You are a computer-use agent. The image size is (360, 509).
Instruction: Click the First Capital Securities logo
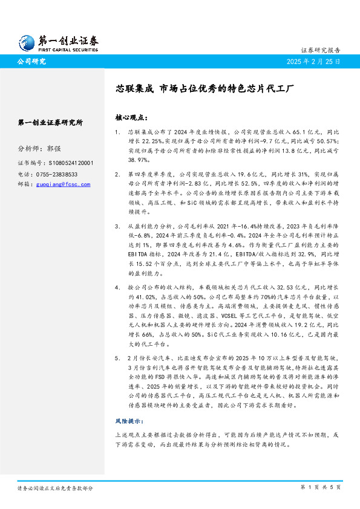click(57, 42)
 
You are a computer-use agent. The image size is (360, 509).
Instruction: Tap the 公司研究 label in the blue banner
click(31, 62)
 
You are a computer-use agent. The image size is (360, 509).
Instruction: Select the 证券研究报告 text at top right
click(320, 50)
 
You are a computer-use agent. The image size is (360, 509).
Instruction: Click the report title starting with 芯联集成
click(205, 88)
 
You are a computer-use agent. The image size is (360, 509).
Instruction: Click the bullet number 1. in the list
click(117, 131)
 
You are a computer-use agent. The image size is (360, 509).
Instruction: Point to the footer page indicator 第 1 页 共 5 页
click(320, 487)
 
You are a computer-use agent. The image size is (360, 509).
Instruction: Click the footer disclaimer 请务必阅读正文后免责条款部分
click(55, 487)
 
